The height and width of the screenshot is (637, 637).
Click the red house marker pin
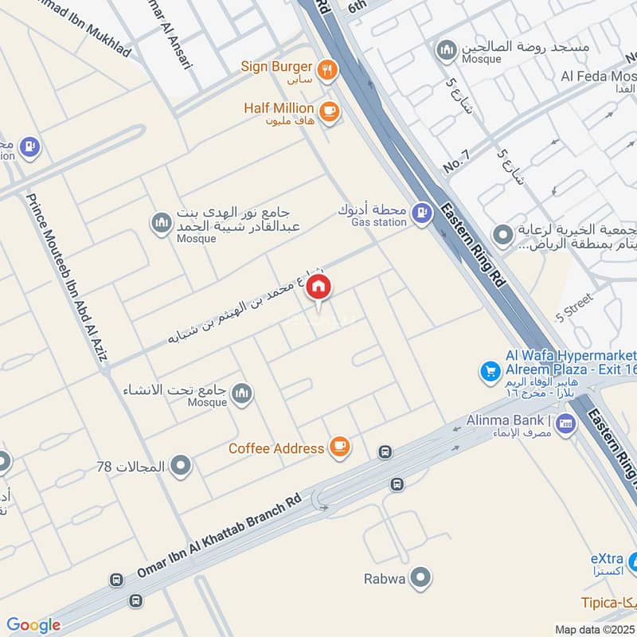click(x=318, y=287)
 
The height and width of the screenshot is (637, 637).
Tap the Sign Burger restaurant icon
click(x=326, y=70)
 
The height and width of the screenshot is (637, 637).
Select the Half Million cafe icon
click(x=330, y=111)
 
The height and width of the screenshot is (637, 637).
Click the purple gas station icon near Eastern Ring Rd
click(x=424, y=213)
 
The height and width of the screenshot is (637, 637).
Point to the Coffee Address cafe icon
click(x=340, y=447)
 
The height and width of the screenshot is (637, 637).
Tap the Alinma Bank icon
click(x=566, y=422)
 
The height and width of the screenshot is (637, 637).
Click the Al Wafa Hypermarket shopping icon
click(x=490, y=370)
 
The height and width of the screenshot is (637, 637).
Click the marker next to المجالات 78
click(x=182, y=466)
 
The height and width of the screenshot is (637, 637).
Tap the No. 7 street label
click(x=457, y=162)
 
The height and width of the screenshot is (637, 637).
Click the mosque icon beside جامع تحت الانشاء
click(x=242, y=392)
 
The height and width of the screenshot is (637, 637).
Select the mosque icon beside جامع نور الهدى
click(x=162, y=223)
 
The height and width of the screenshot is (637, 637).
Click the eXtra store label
click(x=607, y=562)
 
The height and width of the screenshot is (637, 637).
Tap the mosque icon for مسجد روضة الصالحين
click(x=446, y=49)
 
